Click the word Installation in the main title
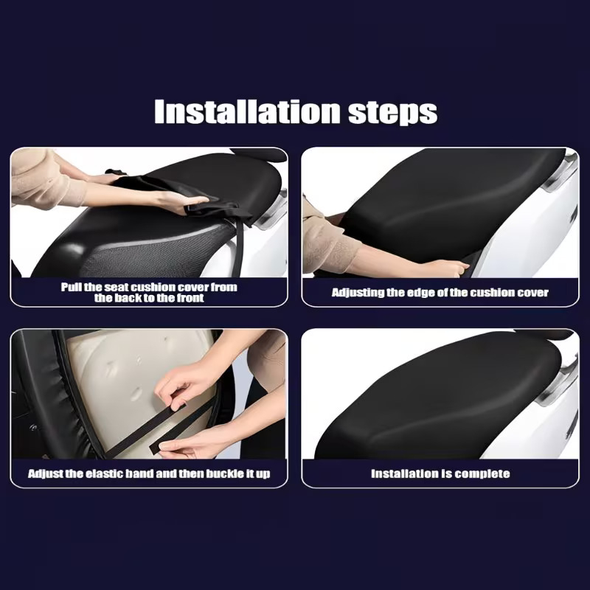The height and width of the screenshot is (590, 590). pos(247,111)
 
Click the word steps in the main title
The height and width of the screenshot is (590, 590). pos(393,113)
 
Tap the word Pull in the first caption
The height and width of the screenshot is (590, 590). pos(71,287)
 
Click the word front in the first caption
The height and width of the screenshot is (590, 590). pos(190,298)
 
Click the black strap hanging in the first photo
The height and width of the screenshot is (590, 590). pos(237,246)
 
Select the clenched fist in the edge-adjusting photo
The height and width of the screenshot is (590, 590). pos(451,268)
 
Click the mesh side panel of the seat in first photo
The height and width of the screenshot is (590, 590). pos(158,253)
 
